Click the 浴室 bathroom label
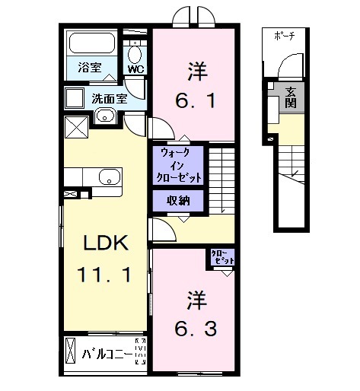[x=90, y=68]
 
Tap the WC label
[x=135, y=69]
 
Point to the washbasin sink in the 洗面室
[x=104, y=116]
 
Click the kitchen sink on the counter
[x=109, y=177]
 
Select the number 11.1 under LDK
[x=107, y=275]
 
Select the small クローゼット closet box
[x=222, y=257]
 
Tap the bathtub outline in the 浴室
[x=90, y=44]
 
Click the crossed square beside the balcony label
[x=72, y=354]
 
